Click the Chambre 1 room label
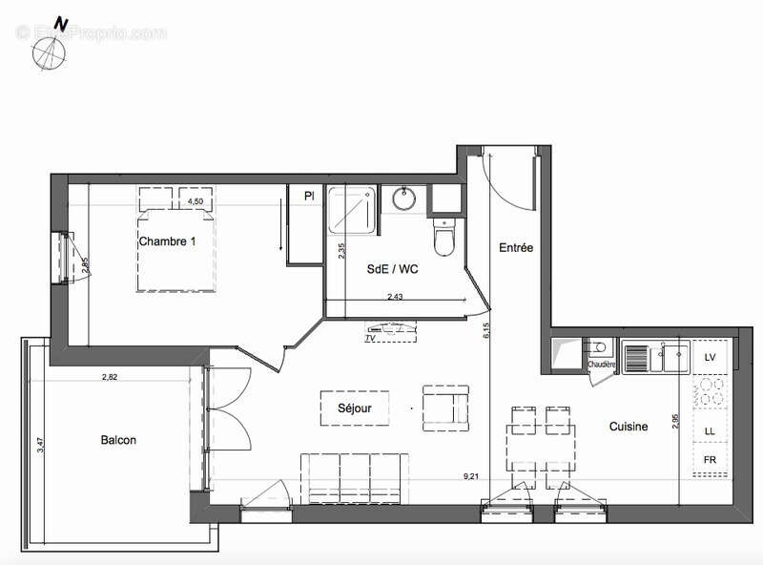[x=167, y=241]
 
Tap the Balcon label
[x=118, y=440]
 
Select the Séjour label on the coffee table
[x=355, y=408]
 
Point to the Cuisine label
[x=629, y=427]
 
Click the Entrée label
[x=516, y=248]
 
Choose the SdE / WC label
[x=392, y=270]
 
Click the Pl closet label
[x=309, y=197]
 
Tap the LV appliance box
[x=709, y=357]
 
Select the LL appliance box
[x=709, y=431]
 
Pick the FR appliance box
[x=709, y=460]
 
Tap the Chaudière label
[x=601, y=365]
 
